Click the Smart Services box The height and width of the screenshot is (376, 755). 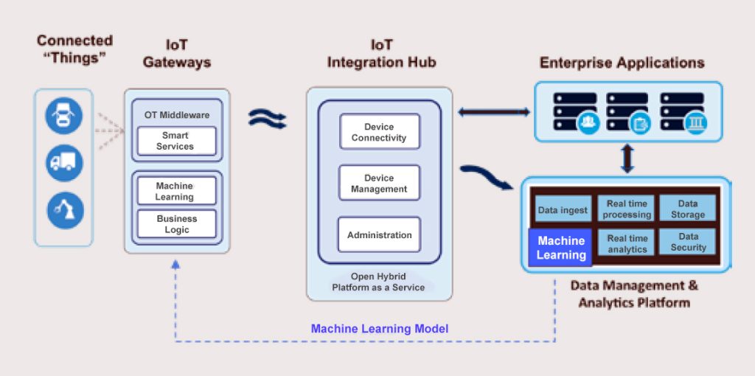[176, 141]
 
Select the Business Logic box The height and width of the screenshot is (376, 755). [176, 224]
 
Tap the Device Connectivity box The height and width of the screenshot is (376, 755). [379, 132]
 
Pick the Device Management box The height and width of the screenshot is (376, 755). [379, 184]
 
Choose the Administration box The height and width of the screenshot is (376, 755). [379, 235]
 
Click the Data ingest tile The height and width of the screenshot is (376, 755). [563, 209]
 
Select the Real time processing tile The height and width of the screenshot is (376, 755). [627, 209]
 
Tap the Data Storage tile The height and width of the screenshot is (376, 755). [687, 209]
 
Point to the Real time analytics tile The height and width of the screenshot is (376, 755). [627, 243]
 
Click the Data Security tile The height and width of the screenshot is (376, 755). [687, 243]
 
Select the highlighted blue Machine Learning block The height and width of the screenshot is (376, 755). [561, 248]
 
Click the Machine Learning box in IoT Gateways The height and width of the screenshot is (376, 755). [176, 191]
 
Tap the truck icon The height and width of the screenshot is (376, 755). [64, 163]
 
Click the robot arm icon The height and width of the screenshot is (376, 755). [64, 209]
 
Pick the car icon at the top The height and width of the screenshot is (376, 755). [64, 116]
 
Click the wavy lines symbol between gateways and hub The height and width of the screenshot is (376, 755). [267, 118]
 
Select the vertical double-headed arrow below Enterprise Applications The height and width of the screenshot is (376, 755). [627, 158]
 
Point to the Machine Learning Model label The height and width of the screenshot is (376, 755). [379, 329]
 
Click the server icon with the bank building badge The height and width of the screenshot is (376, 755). [682, 112]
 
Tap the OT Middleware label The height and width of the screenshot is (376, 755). [176, 115]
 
